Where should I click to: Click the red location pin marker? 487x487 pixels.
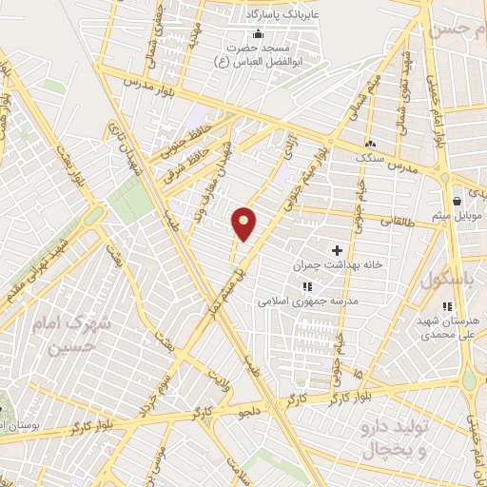(244, 224)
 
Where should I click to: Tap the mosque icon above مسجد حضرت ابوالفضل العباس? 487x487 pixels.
(256, 35)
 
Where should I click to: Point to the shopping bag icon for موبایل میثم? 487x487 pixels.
(457, 200)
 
